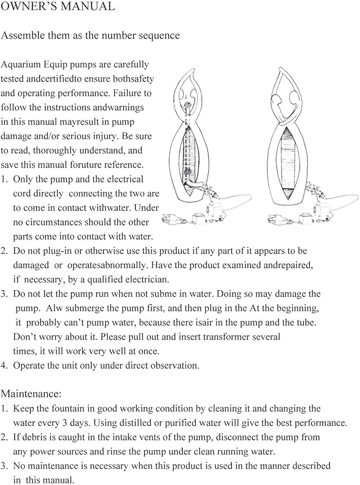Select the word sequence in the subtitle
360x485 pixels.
(x=159, y=36)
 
